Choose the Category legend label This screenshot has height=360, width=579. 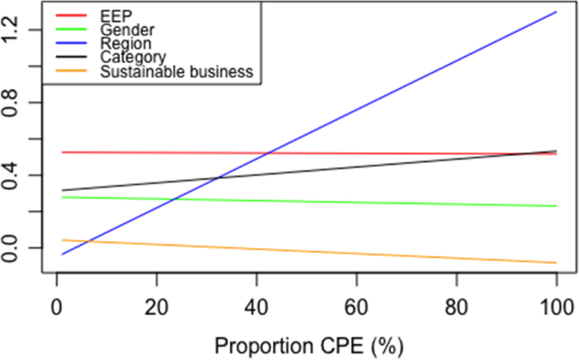point(131,57)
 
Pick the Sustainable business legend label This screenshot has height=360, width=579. point(177,72)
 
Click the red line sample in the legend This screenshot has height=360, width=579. point(70,15)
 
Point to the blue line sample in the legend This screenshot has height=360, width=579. point(70,43)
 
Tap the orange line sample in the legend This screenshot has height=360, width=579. point(70,72)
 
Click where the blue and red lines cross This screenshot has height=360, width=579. point(267,153)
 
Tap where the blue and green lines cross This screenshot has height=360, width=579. point(172,199)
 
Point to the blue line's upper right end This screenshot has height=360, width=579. point(556,12)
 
